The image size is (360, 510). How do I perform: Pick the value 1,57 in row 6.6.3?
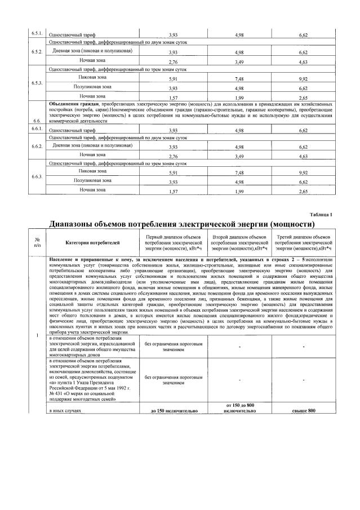173,192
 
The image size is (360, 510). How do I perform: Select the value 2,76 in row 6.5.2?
173,61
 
